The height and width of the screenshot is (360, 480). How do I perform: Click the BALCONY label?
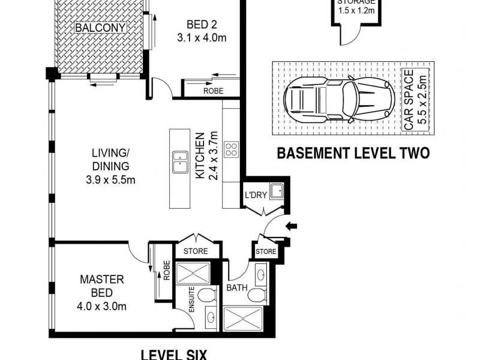pyautogui.click(x=101, y=28)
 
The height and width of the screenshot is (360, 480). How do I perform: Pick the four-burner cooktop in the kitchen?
pyautogui.click(x=231, y=149)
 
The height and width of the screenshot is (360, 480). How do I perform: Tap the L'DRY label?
pyautogui.click(x=255, y=194)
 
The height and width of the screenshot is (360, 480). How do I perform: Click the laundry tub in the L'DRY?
pyautogui.click(x=276, y=191)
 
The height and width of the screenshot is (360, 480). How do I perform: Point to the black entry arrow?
pyautogui.click(x=292, y=226)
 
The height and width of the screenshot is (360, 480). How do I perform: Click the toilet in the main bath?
pyautogui.click(x=257, y=295)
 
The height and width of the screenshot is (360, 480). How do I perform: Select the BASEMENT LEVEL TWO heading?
pyautogui.click(x=353, y=154)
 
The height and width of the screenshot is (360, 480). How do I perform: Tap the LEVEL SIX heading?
pyautogui.click(x=173, y=354)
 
